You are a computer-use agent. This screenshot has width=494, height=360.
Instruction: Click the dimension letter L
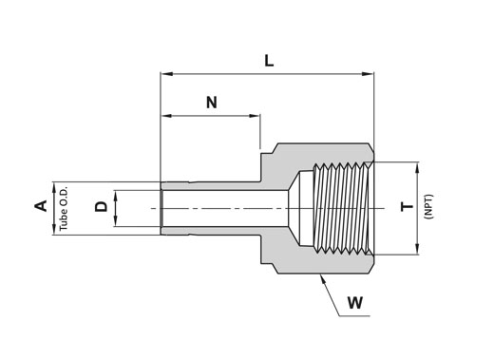(x=269, y=61)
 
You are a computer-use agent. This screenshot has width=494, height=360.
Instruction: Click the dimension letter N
(x=212, y=103)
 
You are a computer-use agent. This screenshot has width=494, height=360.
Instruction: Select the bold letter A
(x=41, y=206)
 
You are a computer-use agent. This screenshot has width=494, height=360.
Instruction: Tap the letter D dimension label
(x=102, y=207)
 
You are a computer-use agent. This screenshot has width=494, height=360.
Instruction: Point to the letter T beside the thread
(x=408, y=207)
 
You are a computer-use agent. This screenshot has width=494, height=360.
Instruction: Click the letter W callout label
(x=355, y=303)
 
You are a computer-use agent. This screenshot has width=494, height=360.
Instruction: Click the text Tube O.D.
(x=64, y=208)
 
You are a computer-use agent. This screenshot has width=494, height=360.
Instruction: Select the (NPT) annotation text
(x=429, y=207)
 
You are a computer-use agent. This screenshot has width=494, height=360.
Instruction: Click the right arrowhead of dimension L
(x=368, y=74)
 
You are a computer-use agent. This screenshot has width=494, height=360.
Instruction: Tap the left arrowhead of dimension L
(x=166, y=74)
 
